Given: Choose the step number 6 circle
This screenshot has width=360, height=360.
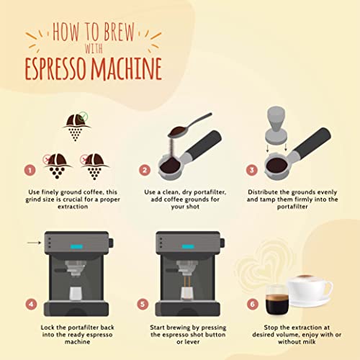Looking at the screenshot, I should click(x=252, y=304).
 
